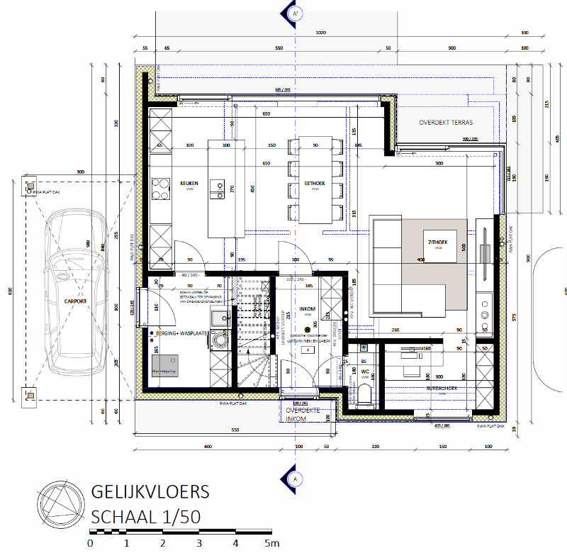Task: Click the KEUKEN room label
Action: click(x=189, y=183)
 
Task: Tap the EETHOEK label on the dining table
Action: click(x=315, y=183)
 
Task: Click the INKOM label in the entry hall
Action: click(x=308, y=309)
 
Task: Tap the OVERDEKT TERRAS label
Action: click(x=446, y=121)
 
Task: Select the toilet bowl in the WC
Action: click(x=364, y=394)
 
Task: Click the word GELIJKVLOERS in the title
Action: click(x=150, y=492)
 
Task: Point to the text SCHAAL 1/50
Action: click(x=145, y=516)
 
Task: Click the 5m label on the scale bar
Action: click(x=271, y=543)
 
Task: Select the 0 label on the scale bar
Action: click(x=90, y=543)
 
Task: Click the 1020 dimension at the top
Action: click(x=320, y=33)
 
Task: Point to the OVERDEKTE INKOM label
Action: click(x=303, y=415)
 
